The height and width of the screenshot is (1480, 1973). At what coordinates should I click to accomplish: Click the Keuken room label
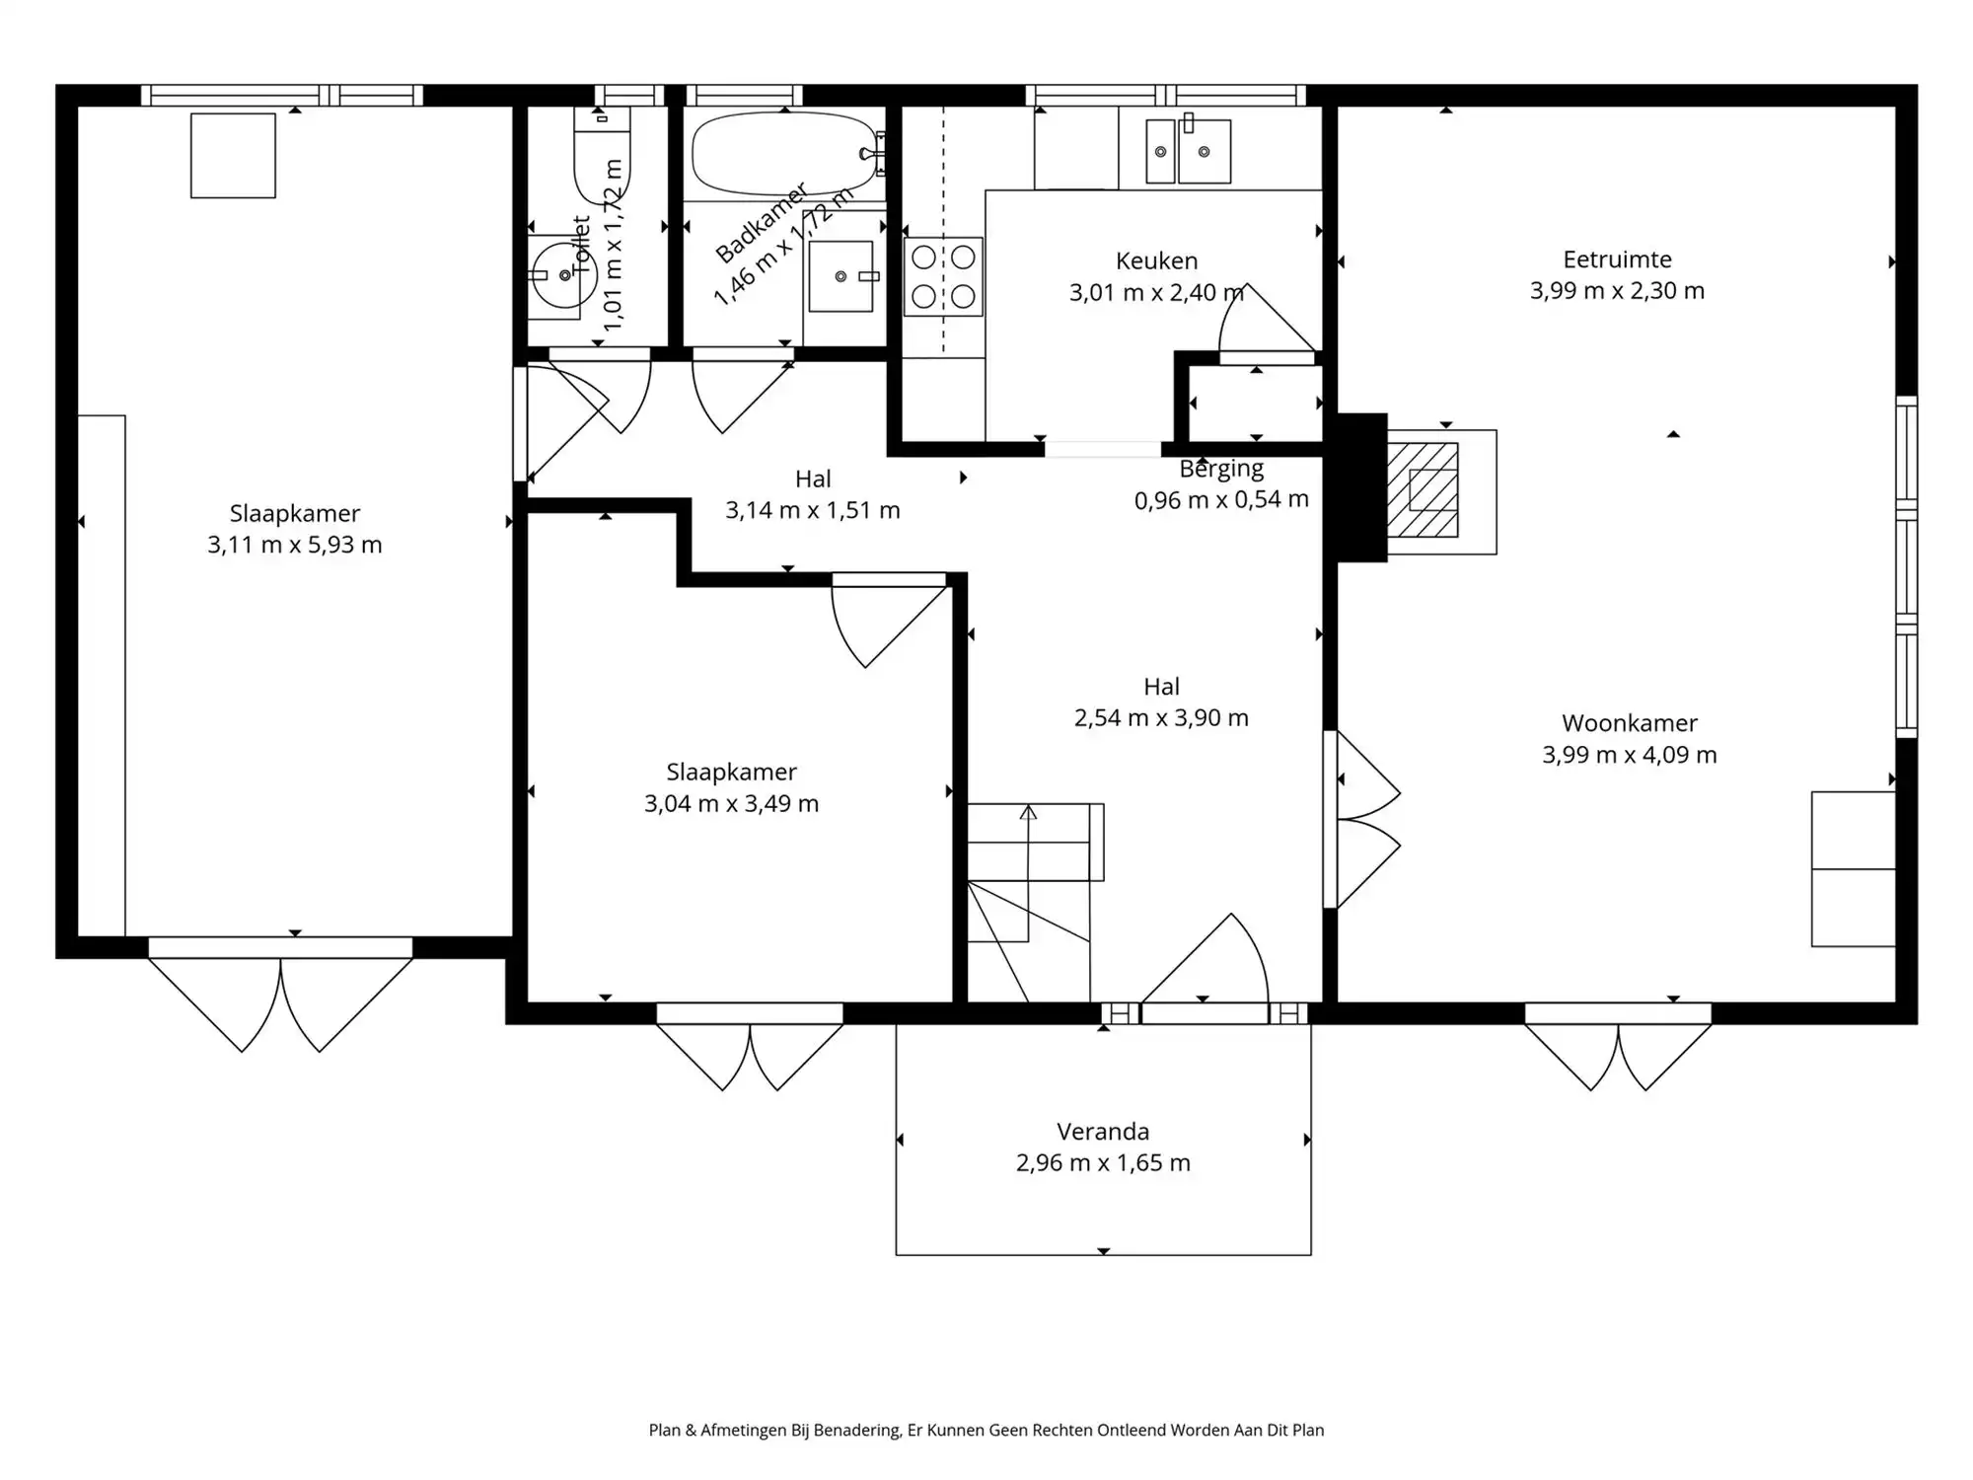point(1156,260)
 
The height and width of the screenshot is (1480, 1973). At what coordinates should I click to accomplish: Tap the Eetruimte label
point(1617,259)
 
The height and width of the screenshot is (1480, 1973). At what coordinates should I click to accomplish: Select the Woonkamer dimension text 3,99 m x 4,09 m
point(1630,755)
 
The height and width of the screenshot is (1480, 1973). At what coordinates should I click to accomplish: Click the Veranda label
point(1103,1132)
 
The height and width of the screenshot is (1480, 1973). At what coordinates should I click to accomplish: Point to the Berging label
point(1221,469)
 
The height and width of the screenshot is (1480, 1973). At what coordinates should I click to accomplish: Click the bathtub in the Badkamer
point(784,154)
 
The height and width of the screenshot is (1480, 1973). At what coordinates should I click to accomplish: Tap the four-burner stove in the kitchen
point(943,276)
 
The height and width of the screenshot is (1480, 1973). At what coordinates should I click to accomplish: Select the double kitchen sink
point(1188,151)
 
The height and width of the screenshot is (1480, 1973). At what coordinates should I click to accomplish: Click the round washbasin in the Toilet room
point(555,275)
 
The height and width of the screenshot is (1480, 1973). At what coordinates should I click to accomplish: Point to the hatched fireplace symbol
point(1423,489)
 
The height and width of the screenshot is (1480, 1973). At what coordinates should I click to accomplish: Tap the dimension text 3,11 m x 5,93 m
point(294,545)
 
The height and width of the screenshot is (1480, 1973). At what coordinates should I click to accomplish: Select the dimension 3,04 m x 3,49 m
point(731,804)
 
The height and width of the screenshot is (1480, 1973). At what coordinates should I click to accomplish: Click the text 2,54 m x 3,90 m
point(1161,718)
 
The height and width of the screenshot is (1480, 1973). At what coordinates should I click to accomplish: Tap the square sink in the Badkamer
point(840,276)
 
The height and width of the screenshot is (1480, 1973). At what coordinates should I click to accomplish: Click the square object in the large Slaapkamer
point(233,156)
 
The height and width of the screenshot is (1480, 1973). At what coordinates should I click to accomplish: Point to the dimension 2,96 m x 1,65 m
point(1103,1163)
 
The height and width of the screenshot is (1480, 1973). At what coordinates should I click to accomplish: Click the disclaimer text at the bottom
point(986,1430)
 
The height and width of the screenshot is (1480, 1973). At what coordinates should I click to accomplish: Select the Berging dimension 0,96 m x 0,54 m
point(1221,500)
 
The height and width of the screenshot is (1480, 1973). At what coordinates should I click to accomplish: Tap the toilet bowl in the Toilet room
point(602,156)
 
